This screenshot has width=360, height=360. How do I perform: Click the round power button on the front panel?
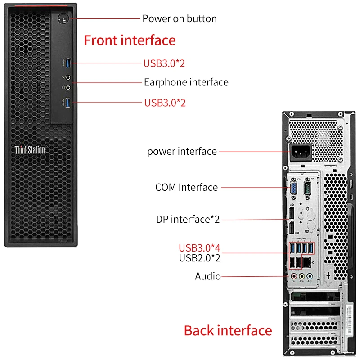coord(63,19)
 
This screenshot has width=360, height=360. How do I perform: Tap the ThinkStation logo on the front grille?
coord(30,150)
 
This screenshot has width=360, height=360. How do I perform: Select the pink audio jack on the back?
coord(294,275)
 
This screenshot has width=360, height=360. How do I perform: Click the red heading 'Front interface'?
coord(130,40)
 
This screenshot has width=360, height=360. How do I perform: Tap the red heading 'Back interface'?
coord(228,331)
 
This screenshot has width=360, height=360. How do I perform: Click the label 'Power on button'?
coord(180,19)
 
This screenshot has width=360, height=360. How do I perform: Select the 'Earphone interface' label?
coord(186,82)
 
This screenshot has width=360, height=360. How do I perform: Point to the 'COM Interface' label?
coord(186,187)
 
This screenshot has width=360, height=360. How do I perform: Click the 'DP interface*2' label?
coord(188,220)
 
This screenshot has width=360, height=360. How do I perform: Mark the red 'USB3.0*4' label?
coord(199,248)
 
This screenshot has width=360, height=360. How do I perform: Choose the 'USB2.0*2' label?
coord(199,258)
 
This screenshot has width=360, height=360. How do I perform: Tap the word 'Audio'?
coord(207,276)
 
